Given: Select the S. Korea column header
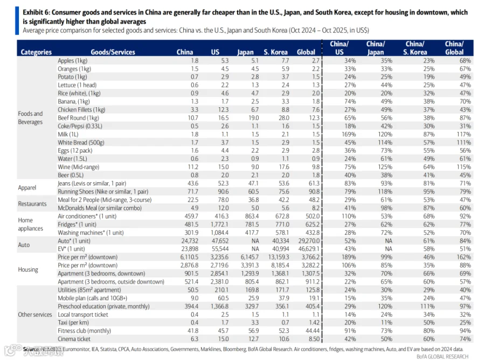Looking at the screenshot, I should pos(275,52).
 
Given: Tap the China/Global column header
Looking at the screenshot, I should pos(454,48).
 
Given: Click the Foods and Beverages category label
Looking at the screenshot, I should pos(30,117).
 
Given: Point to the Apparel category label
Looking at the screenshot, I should pos(27,188).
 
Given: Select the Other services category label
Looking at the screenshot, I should pos(35,314).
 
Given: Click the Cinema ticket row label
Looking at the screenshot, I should pos(74,339).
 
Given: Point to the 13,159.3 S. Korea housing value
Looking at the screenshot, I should pos(276,257).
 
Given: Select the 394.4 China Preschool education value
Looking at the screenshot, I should pos(184,306).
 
